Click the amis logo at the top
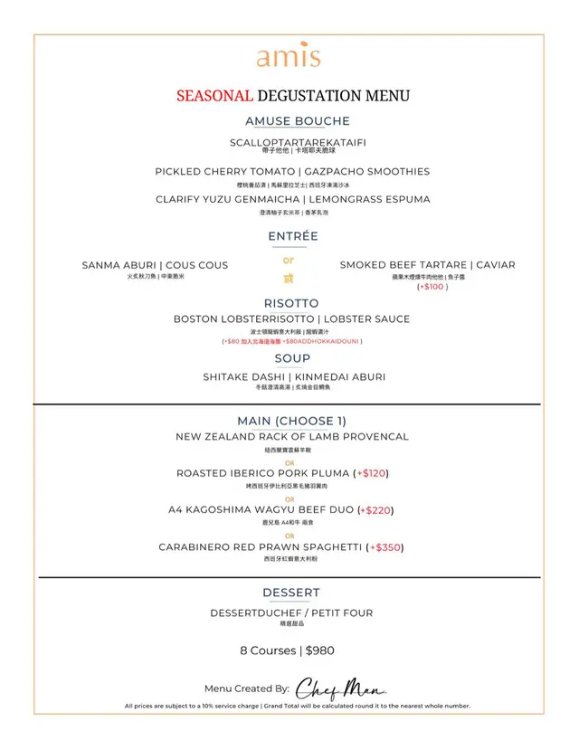pyautogui.click(x=289, y=58)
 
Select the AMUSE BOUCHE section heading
pyautogui.click(x=297, y=121)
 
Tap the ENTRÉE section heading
pyautogui.click(x=293, y=236)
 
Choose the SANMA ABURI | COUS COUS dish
pyautogui.click(x=155, y=265)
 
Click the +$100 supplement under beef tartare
pyautogui.click(x=432, y=287)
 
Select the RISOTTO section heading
pyautogui.click(x=291, y=303)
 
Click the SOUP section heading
pyautogui.click(x=292, y=359)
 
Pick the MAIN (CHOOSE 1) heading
pyautogui.click(x=291, y=421)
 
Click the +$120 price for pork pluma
pyautogui.click(x=374, y=473)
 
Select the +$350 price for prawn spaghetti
pyautogui.click(x=386, y=547)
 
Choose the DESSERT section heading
pyautogui.click(x=291, y=593)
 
